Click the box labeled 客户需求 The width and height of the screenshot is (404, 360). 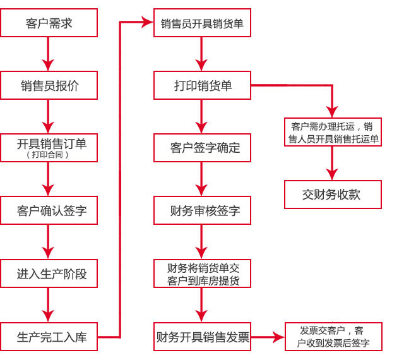[x=49, y=23]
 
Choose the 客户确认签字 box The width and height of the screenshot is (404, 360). [x=49, y=211]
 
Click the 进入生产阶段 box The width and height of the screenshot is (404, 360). [x=49, y=273]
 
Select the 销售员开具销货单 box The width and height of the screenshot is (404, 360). [x=202, y=23]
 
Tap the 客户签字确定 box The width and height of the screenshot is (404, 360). [x=202, y=148]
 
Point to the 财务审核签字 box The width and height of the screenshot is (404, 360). [x=202, y=210]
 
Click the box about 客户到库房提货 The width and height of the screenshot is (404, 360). [x=202, y=273]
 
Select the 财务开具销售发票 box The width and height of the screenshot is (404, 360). [x=202, y=336]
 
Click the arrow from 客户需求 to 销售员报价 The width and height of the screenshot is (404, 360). [x=49, y=54]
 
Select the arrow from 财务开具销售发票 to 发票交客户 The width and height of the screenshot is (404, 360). [x=268, y=337]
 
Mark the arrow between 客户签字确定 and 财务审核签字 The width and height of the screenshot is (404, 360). [x=202, y=179]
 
